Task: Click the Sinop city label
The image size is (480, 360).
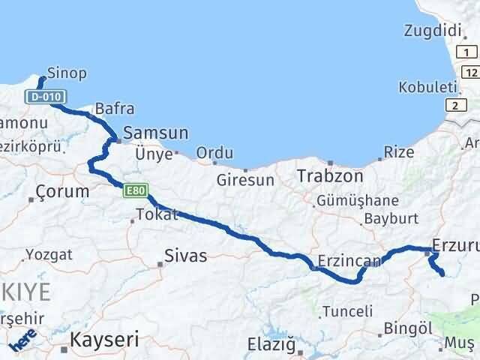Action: tap(67, 73)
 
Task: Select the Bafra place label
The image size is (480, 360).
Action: tap(110, 109)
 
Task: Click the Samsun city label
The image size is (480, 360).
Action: tap(155, 133)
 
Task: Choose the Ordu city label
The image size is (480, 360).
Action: tap(214, 153)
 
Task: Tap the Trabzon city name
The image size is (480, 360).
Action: tap(330, 177)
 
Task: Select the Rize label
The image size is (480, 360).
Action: tap(399, 152)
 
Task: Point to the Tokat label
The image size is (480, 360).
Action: tap(156, 214)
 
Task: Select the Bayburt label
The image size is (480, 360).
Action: tap(388, 220)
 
